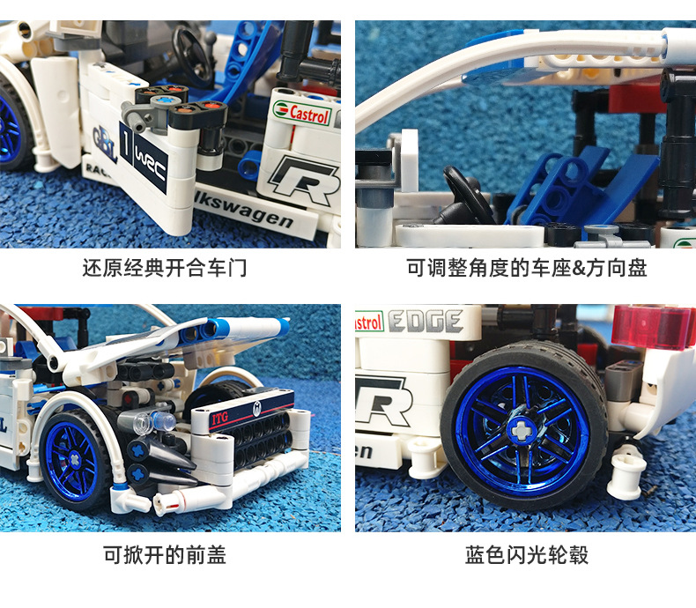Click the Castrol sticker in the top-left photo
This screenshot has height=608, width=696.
click(x=302, y=114)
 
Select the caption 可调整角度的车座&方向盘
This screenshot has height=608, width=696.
click(x=526, y=268)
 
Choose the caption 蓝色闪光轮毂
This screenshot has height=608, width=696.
click(x=526, y=554)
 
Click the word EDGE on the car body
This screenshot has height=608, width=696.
click(x=426, y=322)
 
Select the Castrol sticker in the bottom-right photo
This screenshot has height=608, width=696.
click(x=367, y=323)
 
